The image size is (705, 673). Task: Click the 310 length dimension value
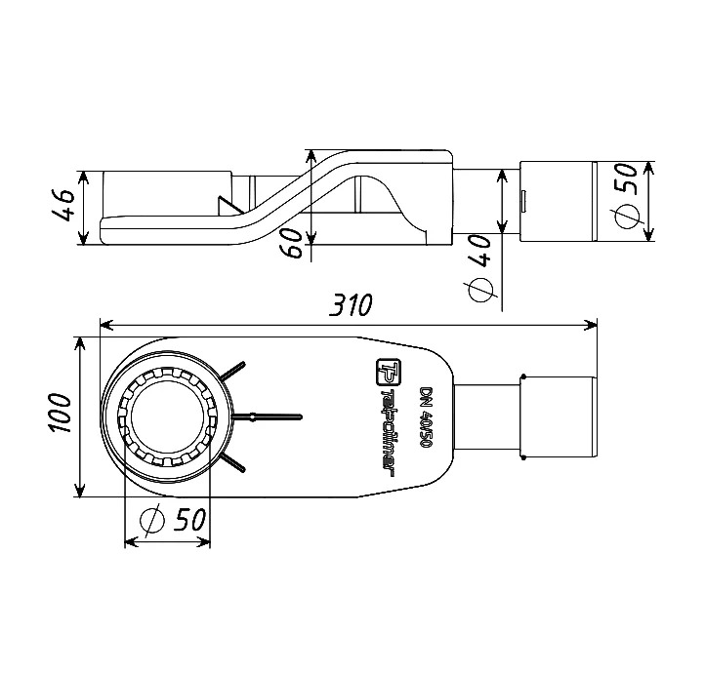pyautogui.click(x=351, y=305)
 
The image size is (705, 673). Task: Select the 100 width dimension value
pyautogui.click(x=61, y=413)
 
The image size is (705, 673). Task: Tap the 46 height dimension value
pyautogui.click(x=63, y=205)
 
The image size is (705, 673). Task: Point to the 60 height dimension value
pyautogui.click(x=293, y=243)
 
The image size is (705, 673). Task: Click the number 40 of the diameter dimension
pyautogui.click(x=479, y=250)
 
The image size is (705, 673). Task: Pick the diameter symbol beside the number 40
pyautogui.click(x=481, y=289)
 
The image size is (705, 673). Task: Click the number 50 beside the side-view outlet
pyautogui.click(x=626, y=178)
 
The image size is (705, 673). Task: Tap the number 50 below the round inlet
pyautogui.click(x=189, y=520)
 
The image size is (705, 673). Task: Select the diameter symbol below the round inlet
pyautogui.click(x=152, y=520)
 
